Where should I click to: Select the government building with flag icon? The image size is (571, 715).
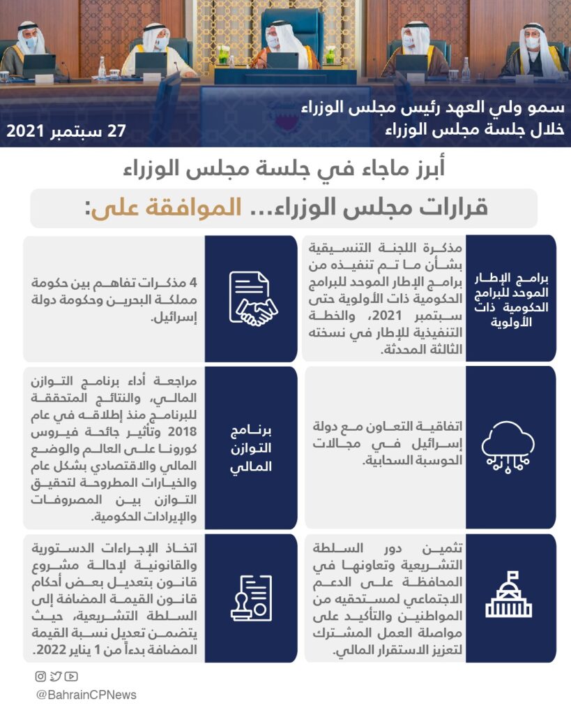pyautogui.click(x=508, y=598)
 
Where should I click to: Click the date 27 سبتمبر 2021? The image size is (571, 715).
pyautogui.click(x=66, y=131)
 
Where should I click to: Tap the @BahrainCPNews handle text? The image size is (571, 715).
pyautogui.click(x=86, y=695)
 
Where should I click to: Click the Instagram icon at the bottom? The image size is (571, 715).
pyautogui.click(x=41, y=676)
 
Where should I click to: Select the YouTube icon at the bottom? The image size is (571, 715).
pyautogui.click(x=71, y=676)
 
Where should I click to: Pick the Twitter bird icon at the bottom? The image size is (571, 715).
pyautogui.click(x=56, y=676)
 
